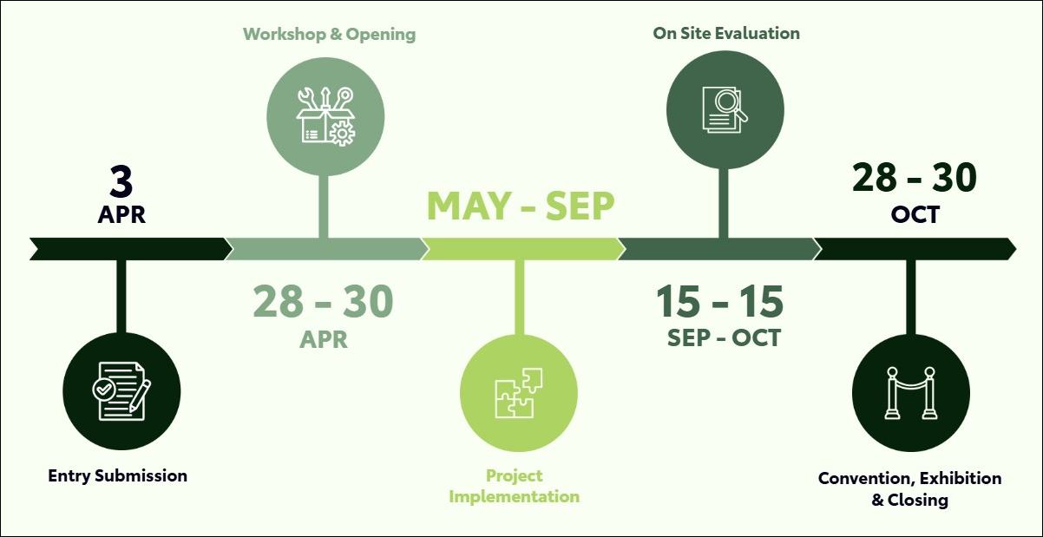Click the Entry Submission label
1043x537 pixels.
point(117,476)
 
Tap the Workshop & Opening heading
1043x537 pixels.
point(329,34)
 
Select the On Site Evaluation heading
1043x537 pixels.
point(726,33)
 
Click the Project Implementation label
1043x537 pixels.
point(514,487)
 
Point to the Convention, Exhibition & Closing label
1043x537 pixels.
point(910,489)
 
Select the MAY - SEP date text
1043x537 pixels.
point(521,206)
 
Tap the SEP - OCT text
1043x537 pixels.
point(724,337)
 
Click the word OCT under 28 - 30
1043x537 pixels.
point(915,214)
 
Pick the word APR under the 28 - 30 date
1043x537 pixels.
point(324,340)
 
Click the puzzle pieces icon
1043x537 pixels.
point(519,393)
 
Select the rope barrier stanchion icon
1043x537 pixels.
point(911,393)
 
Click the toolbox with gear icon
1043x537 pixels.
point(326,116)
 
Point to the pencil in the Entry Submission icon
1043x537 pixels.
point(139,396)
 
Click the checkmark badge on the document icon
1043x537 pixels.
point(103,389)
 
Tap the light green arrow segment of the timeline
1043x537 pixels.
point(524,249)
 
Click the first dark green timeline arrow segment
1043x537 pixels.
point(131,249)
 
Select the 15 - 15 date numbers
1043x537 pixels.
point(720,302)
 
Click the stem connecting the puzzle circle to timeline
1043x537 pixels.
point(520,298)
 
